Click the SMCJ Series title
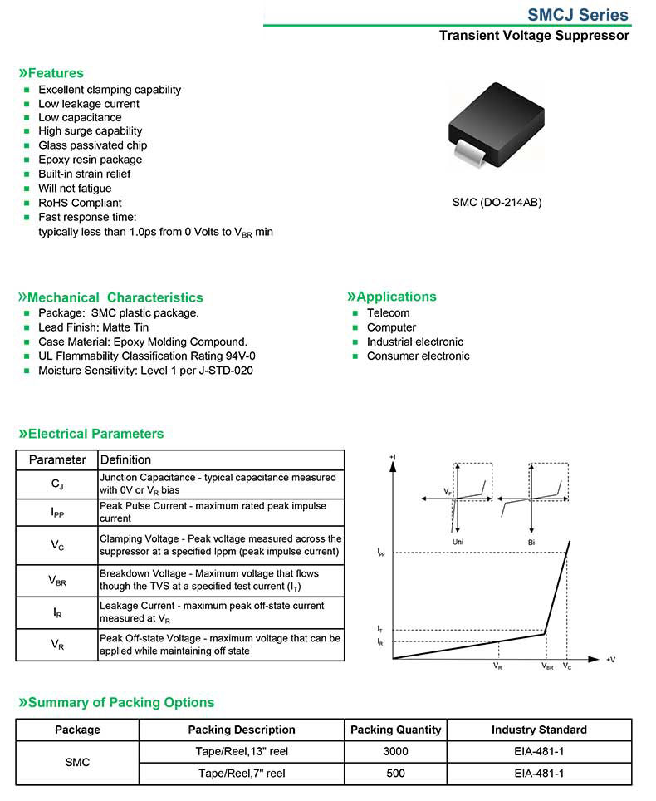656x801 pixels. point(578,15)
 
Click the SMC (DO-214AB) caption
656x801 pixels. point(497,202)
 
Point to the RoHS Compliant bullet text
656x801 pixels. point(80,203)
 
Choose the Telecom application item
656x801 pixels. point(389,313)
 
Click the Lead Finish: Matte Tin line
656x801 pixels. point(94,327)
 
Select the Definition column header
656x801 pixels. point(125,459)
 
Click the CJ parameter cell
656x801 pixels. point(57,484)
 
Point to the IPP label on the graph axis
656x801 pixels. point(381,552)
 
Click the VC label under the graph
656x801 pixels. point(566,667)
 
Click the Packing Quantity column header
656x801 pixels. point(396,730)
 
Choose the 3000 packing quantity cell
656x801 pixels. point(396,751)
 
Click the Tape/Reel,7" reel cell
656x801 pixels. point(242,773)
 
